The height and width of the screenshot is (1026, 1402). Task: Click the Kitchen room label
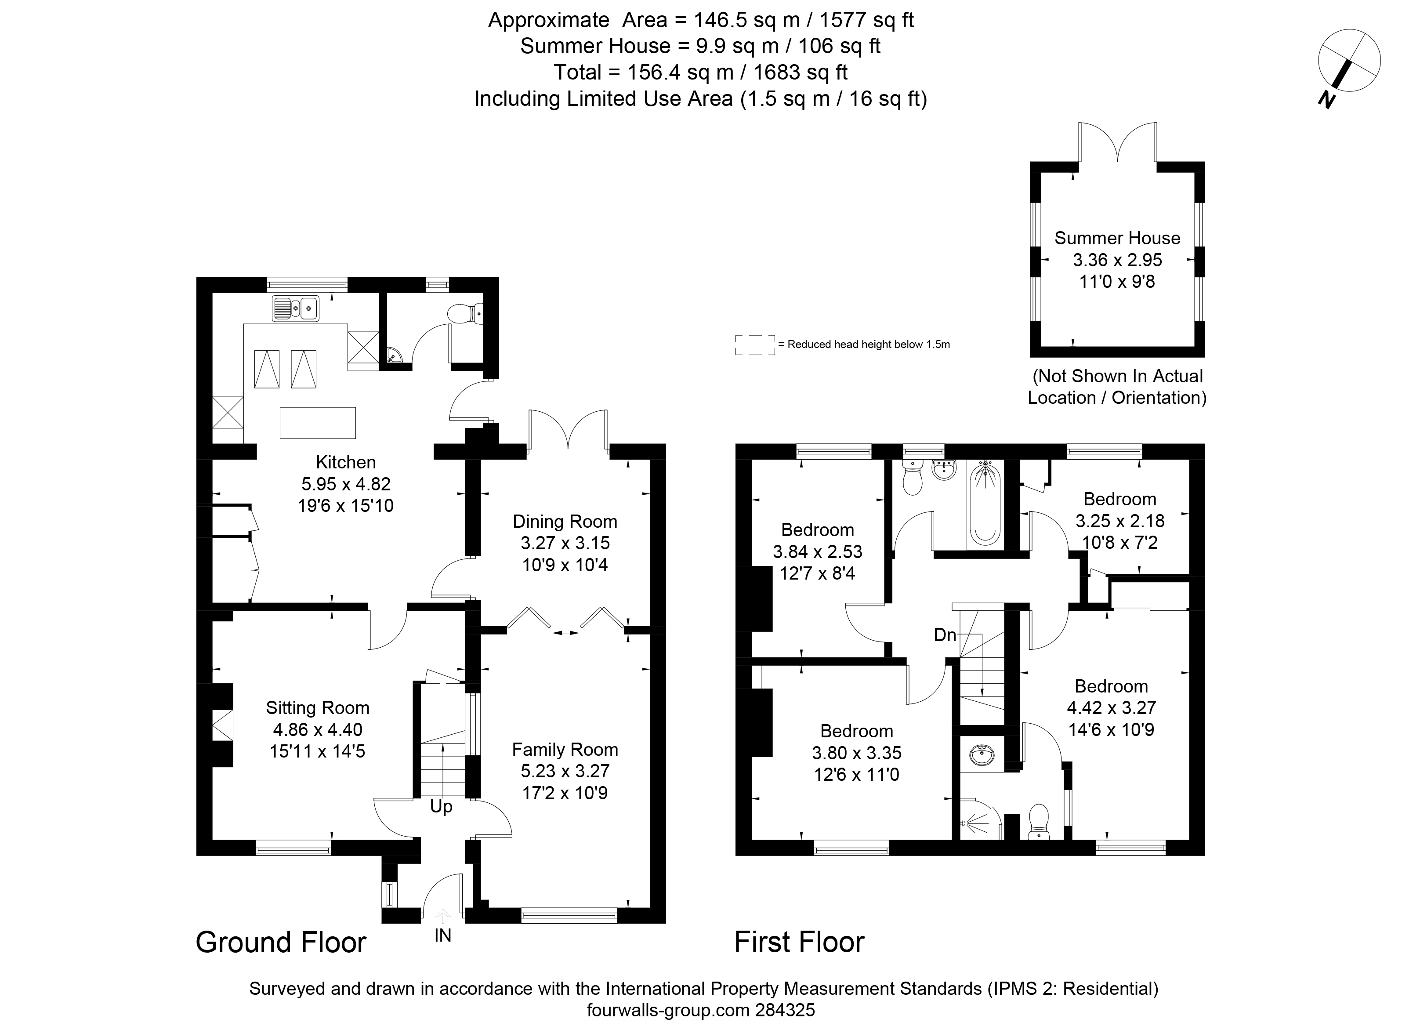pos(346,462)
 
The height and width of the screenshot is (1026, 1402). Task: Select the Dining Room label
pos(565,522)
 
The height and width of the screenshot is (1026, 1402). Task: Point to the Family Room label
pos(565,750)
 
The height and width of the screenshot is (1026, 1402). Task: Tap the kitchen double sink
pos(296,308)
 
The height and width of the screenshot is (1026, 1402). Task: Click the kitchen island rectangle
pos(318,423)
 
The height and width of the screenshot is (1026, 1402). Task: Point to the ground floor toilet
pos(466,313)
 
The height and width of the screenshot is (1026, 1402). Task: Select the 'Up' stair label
pos(442,807)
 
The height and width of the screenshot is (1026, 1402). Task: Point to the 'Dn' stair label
pos(945,635)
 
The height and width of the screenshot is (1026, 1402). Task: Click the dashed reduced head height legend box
pos(755,344)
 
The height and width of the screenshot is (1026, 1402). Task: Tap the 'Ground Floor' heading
pos(281,942)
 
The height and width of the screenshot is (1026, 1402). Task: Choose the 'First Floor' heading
pos(800,942)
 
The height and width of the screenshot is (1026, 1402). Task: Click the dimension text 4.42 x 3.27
pos(1112,707)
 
